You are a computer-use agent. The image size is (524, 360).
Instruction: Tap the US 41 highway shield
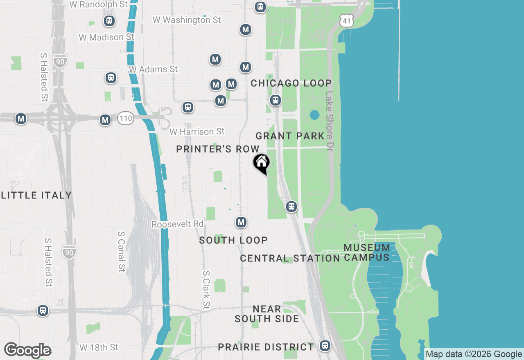pyautogui.click(x=346, y=20)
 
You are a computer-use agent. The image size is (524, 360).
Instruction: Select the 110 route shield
pyautogui.click(x=126, y=119)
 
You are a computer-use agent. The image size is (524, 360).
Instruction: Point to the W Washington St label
pyautogui.click(x=187, y=20)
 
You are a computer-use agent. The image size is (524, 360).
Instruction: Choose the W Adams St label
pyautogui.click(x=153, y=69)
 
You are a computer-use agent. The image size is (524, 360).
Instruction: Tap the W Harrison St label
pyautogui.click(x=197, y=132)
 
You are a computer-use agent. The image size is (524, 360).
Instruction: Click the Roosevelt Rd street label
pyautogui.click(x=177, y=224)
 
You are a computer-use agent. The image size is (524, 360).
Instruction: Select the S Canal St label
pyautogui.click(x=121, y=251)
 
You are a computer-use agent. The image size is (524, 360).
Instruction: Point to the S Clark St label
pyautogui.click(x=206, y=290)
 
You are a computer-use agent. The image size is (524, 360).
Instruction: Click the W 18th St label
pyautogui.click(x=99, y=347)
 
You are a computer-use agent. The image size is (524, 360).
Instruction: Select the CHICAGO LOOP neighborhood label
pyautogui.click(x=291, y=83)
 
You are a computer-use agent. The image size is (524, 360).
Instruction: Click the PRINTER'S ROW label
pyautogui.click(x=218, y=149)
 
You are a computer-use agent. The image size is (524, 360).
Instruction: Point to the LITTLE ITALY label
pyautogui.click(x=36, y=195)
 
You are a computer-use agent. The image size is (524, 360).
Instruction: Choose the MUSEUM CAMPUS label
pyautogui.click(x=367, y=252)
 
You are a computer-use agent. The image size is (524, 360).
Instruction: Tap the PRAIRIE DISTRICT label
pyautogui.click(x=266, y=347)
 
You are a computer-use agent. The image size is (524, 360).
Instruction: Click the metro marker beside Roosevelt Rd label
pyautogui.click(x=241, y=222)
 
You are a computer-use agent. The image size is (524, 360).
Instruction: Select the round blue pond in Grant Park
pyautogui.click(x=314, y=115)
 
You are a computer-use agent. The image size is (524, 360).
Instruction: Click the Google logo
pyautogui.click(x=28, y=351)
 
